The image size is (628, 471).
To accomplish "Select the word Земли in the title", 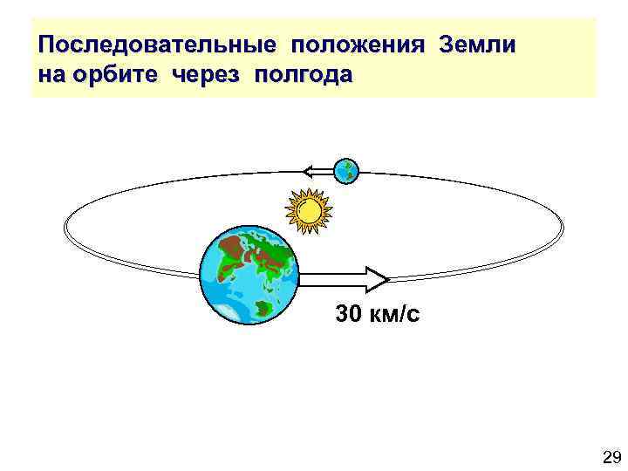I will pyautogui.click(x=478, y=44).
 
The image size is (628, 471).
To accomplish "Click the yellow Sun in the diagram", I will pyautogui.click(x=308, y=211).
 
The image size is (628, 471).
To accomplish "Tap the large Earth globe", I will pyautogui.click(x=249, y=270).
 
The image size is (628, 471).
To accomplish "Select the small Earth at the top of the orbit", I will pyautogui.click(x=347, y=171).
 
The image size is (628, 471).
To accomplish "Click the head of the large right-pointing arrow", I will pyautogui.click(x=378, y=279).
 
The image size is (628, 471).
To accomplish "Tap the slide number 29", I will pyautogui.click(x=609, y=456).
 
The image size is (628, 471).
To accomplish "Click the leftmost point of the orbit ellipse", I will pyautogui.click(x=65, y=228).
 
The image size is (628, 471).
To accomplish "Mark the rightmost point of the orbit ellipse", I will pyautogui.click(x=563, y=228).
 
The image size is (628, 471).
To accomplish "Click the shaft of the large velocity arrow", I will pyautogui.click(x=332, y=279).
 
